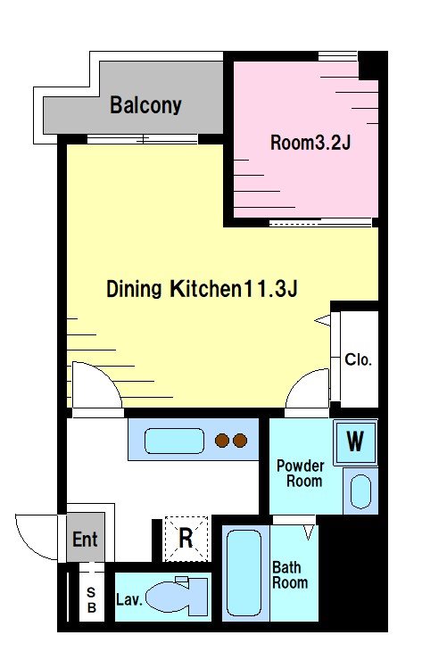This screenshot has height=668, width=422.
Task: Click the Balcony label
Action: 145,105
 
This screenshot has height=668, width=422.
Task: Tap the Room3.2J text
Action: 310,143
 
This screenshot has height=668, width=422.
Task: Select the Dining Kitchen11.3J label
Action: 202,288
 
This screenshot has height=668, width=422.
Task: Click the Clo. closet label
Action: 358,359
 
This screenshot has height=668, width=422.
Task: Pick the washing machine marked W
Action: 355,441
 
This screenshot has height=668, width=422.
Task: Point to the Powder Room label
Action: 301,474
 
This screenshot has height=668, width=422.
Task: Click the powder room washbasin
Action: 361,491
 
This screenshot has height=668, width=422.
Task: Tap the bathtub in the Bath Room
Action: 244,573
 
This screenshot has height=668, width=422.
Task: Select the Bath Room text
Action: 290,574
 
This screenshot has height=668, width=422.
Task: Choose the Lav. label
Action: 128,600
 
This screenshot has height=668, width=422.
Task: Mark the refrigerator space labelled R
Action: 186,539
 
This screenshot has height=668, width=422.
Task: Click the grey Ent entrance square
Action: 86,538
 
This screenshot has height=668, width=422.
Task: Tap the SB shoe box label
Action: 91,599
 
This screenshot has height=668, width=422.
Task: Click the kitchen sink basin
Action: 174,441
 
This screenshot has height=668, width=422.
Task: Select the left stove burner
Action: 221,441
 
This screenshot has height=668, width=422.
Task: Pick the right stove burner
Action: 240,441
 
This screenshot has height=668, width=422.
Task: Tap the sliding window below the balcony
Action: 143,139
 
